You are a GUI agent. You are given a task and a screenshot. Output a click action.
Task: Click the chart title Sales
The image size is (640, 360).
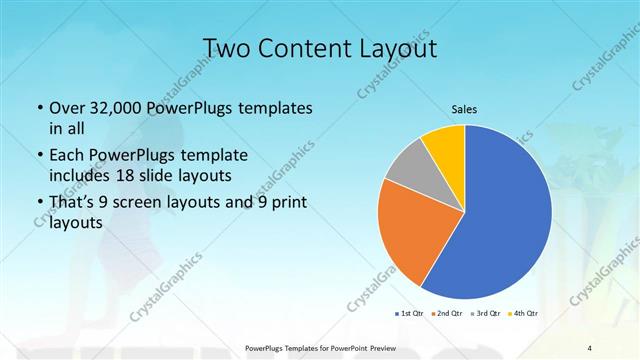tap(465, 108)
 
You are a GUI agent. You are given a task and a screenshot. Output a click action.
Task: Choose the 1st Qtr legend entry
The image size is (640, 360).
tap(410, 313)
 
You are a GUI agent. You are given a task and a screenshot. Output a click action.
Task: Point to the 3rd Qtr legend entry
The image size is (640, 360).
tap(484, 313)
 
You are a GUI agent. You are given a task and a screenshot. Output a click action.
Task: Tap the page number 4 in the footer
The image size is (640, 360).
tap(590, 347)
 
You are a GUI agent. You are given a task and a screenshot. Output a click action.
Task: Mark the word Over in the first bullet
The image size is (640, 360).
tap(66, 107)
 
